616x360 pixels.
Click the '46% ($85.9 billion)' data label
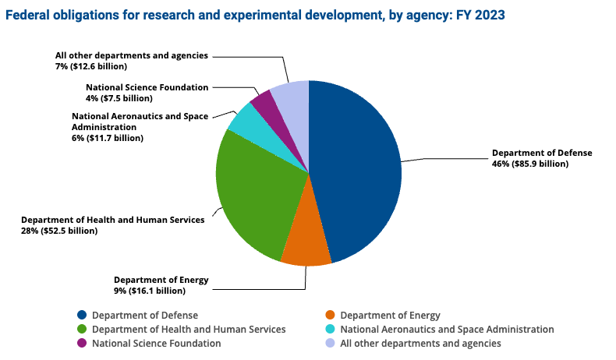(x=529, y=164)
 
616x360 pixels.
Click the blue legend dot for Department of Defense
(x=82, y=316)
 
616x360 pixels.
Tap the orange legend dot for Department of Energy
(x=331, y=316)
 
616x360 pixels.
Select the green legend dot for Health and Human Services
(x=82, y=330)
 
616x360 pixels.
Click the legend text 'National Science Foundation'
(x=156, y=344)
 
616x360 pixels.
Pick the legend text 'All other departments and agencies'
(x=421, y=344)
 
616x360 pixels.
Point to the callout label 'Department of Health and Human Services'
(x=112, y=220)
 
